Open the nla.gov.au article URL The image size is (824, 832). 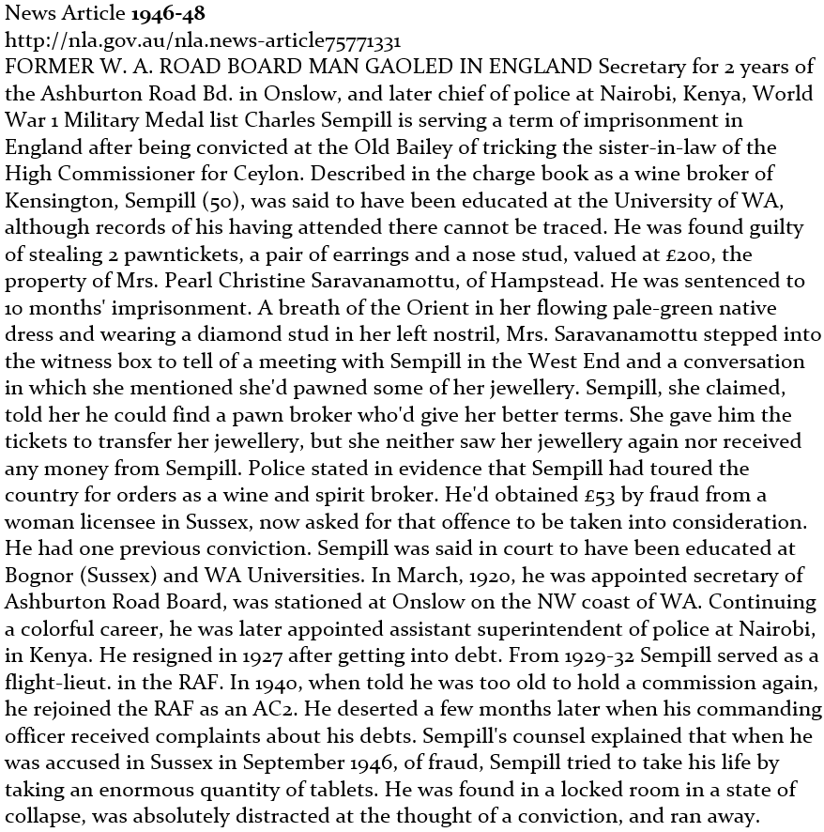[x=204, y=40]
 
